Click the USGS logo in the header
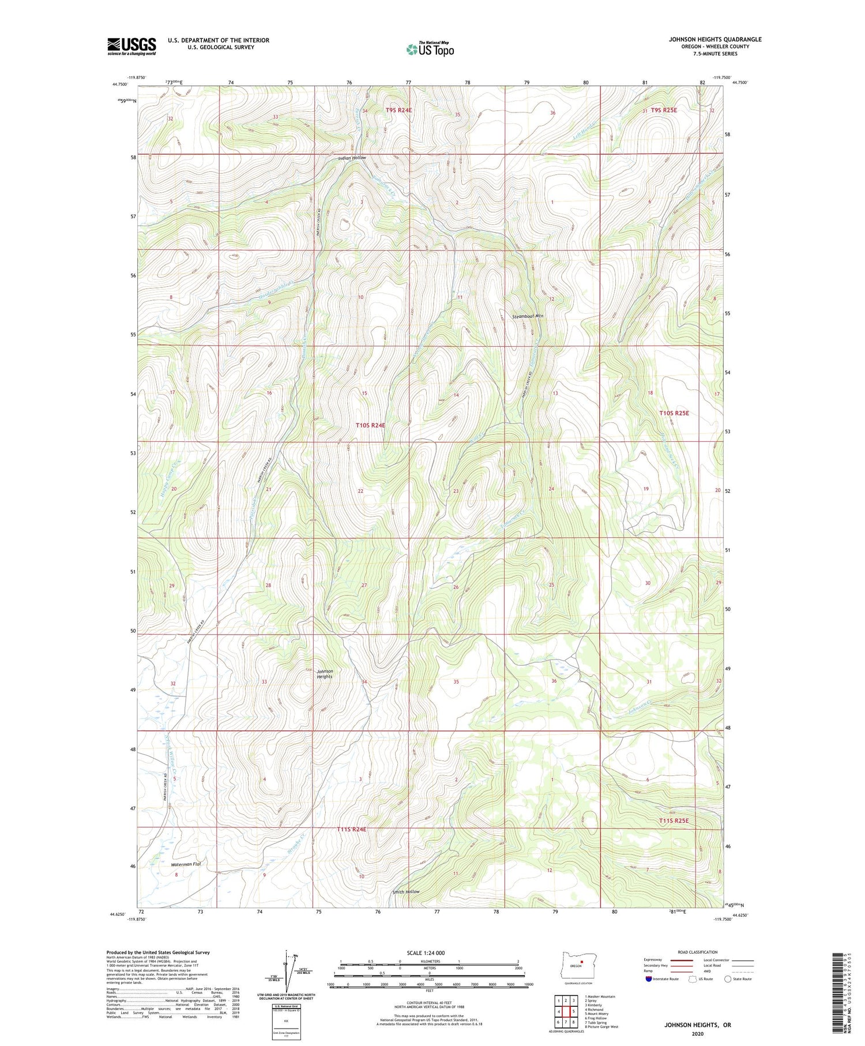coord(131,46)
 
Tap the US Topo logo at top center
coord(430,49)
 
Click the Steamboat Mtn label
coord(528,317)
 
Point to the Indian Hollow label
coord(352,158)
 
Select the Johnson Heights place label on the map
coord(325,674)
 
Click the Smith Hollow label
coord(406,891)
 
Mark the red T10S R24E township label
coord(370,425)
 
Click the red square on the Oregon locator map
coord(582,962)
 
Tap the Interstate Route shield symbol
coord(649,979)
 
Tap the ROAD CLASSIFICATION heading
coord(698,952)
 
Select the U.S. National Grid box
coord(286,1021)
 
